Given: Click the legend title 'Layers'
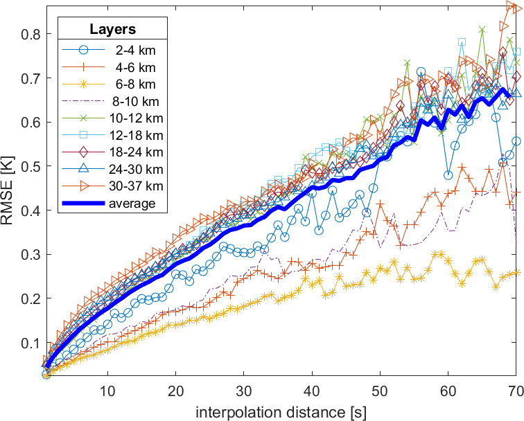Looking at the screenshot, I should [112, 30].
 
